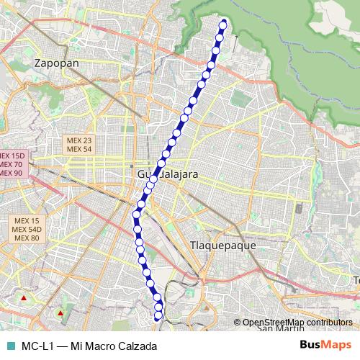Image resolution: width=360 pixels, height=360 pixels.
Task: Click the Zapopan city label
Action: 56,63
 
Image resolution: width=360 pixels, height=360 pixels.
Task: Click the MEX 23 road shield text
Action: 78,140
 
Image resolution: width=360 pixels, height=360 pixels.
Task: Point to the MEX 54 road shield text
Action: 78,149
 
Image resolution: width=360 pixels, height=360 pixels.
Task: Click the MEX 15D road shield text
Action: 12,156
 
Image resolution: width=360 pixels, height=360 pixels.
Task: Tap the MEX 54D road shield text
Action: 25,229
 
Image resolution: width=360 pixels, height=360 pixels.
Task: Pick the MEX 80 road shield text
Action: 25,238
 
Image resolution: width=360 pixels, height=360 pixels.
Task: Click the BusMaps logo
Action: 326,346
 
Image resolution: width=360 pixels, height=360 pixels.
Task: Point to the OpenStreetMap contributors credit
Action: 297,323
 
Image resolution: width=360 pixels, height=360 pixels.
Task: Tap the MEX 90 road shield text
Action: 12,173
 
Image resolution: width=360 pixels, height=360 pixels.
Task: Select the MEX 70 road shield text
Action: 12,165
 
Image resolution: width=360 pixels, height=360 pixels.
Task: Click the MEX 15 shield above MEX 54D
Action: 25,220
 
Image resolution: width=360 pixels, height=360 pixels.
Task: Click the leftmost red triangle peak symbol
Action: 24,297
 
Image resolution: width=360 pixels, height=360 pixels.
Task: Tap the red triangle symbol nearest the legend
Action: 60,313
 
